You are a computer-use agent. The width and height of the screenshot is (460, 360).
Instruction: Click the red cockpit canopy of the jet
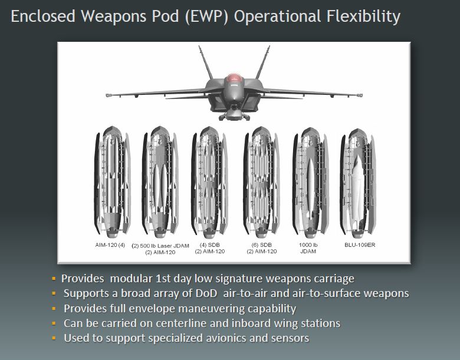pyautogui.click(x=234, y=78)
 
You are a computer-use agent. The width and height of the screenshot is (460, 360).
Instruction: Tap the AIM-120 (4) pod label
pyautogui.click(x=110, y=245)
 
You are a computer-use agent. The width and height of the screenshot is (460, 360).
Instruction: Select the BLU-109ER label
pyautogui.click(x=360, y=245)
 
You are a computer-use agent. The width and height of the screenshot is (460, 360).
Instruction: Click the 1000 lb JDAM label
pyautogui.click(x=308, y=248)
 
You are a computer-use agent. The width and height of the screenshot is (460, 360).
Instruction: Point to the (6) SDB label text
pyautogui.click(x=262, y=245)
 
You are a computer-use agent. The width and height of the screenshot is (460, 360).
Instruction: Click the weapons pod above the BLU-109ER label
pyautogui.click(x=358, y=183)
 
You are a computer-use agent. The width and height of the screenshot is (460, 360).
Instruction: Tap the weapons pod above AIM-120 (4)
pyautogui.click(x=113, y=181)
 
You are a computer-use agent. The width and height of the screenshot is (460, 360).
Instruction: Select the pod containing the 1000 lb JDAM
pyautogui.click(x=311, y=183)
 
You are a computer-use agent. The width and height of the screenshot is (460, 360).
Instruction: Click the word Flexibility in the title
pyautogui.click(x=363, y=16)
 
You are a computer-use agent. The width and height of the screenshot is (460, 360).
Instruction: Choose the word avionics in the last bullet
pyautogui.click(x=226, y=338)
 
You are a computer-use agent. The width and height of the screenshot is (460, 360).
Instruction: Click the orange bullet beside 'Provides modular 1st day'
pyautogui.click(x=54, y=278)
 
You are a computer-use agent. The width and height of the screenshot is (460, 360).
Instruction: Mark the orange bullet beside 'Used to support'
pyautogui.click(x=54, y=338)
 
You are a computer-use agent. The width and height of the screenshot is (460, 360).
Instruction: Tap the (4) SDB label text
pyautogui.click(x=209, y=245)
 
